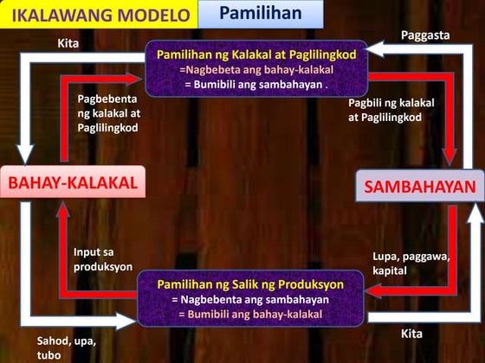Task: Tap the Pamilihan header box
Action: (260, 14)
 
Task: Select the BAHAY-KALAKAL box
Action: (73, 183)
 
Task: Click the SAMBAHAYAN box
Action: (420, 187)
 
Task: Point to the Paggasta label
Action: (424, 35)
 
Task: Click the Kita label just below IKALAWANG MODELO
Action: (68, 41)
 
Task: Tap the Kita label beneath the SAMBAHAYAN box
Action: (411, 333)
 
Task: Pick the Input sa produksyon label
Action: (102, 259)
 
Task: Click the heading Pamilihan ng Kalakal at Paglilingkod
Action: (256, 54)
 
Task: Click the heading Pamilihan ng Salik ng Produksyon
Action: (251, 283)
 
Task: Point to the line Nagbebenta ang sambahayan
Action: (251, 298)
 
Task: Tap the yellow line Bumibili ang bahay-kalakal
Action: (251, 313)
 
